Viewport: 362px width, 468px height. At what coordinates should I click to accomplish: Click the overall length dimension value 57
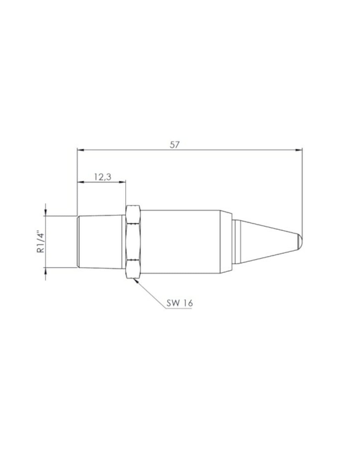pos(174,145)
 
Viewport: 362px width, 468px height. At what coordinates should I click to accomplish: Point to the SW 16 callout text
pos(179,303)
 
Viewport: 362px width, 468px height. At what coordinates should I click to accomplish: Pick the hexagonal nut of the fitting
pos(133,242)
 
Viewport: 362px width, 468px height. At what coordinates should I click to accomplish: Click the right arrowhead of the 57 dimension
pos(299,150)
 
